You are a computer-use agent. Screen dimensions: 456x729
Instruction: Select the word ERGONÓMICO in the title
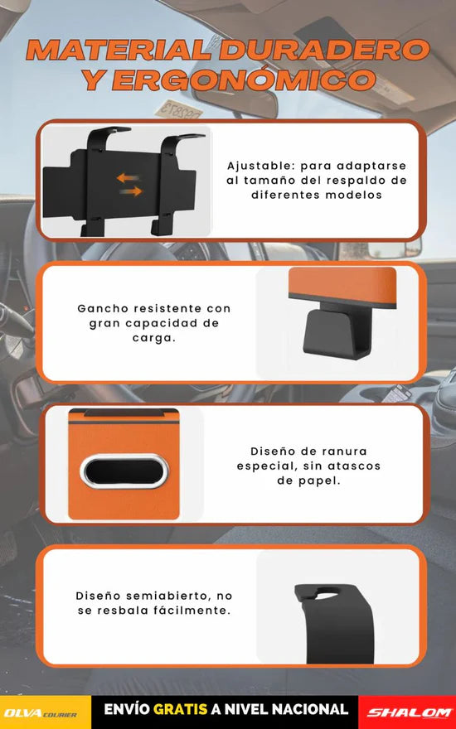pyautogui.click(x=244, y=80)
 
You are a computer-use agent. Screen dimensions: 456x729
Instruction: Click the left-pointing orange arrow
pyautogui.click(x=129, y=177)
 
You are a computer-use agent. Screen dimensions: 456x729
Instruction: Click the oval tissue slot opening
pyautogui.click(x=124, y=471)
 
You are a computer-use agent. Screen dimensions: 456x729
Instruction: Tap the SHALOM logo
pyautogui.click(x=409, y=712)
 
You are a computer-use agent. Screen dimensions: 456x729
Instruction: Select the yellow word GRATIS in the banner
pyautogui.click(x=180, y=709)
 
